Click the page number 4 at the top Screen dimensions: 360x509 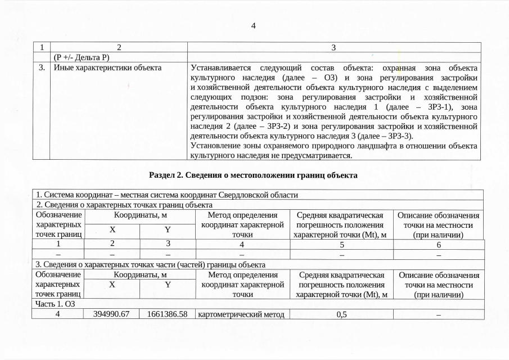pyautogui.click(x=254, y=26)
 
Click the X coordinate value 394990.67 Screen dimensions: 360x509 pyautogui.click(x=112, y=314)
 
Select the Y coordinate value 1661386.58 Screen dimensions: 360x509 pyautogui.click(x=166, y=314)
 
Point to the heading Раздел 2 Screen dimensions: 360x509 pyautogui.click(x=253, y=175)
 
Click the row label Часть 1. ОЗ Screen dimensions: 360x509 pyautogui.click(x=55, y=304)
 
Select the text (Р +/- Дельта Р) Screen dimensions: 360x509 pyautogui.click(x=81, y=57)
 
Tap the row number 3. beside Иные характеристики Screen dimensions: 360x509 pyautogui.click(x=42, y=68)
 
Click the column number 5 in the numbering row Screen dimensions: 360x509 pyautogui.click(x=341, y=244)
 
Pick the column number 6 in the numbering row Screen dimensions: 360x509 pyautogui.click(x=439, y=244)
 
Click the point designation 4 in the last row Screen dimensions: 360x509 pyautogui.click(x=58, y=314)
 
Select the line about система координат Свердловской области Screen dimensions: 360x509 pyautogui.click(x=166, y=195)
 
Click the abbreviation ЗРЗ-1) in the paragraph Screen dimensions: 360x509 pyautogui.click(x=439, y=106)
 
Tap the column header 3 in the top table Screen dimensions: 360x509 pyautogui.click(x=334, y=48)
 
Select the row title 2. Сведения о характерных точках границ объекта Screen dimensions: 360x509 pyautogui.click(x=124, y=204)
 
